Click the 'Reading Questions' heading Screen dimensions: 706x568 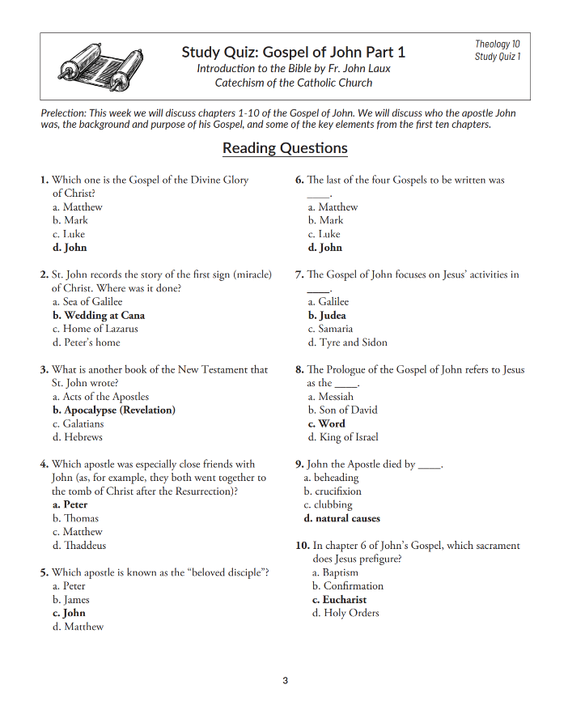pyautogui.click(x=285, y=148)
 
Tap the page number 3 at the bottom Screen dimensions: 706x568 pyautogui.click(x=285, y=681)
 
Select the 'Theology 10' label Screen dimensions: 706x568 pyautogui.click(x=498, y=45)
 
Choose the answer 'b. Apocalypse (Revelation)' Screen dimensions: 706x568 pyautogui.click(x=113, y=410)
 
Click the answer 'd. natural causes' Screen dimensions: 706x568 pyautogui.click(x=341, y=519)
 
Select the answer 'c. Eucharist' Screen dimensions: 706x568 pyautogui.click(x=339, y=600)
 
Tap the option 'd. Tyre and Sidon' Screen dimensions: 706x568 pyautogui.click(x=347, y=343)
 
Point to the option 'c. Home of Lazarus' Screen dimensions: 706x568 pyautogui.click(x=95, y=330)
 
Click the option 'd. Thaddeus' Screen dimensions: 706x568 pyautogui.click(x=78, y=546)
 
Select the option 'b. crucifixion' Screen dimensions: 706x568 pyautogui.click(x=333, y=491)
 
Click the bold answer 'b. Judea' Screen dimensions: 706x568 pyautogui.click(x=327, y=316)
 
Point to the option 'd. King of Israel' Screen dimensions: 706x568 pyautogui.click(x=343, y=437)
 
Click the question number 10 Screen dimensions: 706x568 pyautogui.click(x=303, y=546)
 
